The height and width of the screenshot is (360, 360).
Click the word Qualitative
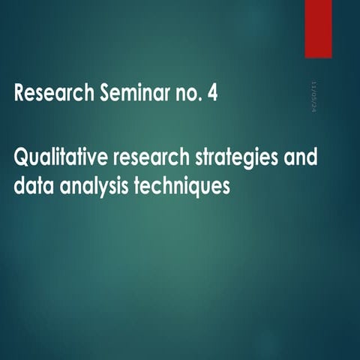click(x=60, y=160)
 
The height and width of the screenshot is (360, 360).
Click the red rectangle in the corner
click(x=318, y=28)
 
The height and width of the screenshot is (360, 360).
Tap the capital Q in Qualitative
click(x=22, y=160)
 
